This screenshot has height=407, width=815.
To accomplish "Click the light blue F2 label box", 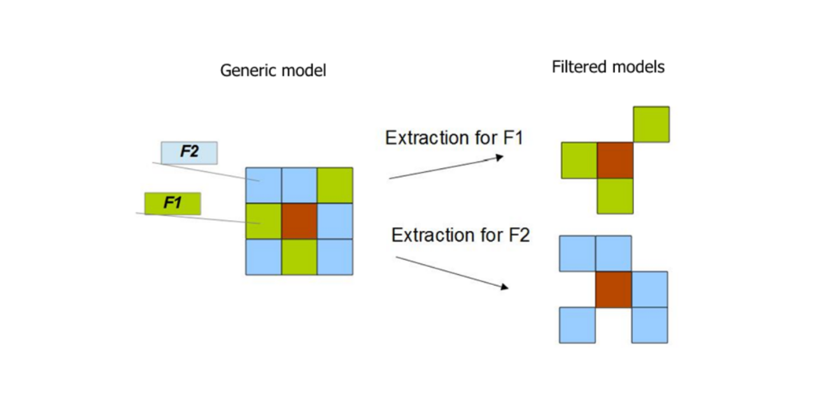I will click(x=188, y=153).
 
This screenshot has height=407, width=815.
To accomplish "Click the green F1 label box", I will click(x=173, y=203).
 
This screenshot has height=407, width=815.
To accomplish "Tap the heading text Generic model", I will click(x=273, y=70).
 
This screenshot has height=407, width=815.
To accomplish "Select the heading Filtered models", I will click(x=607, y=67).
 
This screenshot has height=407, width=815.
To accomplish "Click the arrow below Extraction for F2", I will click(x=452, y=273).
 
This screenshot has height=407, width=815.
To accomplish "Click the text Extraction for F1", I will click(x=453, y=137).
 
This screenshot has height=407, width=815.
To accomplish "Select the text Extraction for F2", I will click(x=460, y=235).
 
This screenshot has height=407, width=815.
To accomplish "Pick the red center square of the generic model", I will click(x=299, y=221).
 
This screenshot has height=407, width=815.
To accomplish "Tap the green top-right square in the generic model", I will click(x=335, y=185).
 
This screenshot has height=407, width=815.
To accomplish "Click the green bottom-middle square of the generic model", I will click(x=299, y=257).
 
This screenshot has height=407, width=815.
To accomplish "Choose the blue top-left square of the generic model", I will click(x=264, y=185).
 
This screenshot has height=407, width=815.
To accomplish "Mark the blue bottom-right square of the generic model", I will click(x=335, y=257).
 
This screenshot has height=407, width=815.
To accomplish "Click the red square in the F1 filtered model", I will click(x=615, y=160).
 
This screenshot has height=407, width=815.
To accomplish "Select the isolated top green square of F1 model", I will click(x=651, y=124).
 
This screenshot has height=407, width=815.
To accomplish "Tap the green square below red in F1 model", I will click(x=615, y=196).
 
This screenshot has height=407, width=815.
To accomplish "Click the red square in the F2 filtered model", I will click(x=613, y=289).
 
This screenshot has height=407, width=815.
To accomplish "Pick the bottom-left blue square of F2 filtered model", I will click(x=577, y=325).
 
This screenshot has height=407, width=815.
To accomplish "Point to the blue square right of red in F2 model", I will click(x=649, y=289).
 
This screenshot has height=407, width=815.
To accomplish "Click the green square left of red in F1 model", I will click(x=579, y=160).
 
